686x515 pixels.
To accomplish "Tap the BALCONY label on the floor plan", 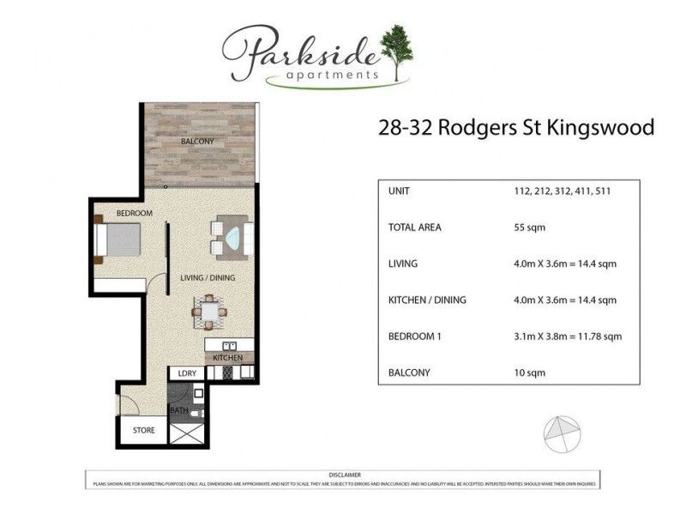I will point(197,141).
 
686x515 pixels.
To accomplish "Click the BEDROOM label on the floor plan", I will point(135,213).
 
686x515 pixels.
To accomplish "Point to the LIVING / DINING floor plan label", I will point(208,278).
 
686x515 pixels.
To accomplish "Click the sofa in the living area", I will point(232,236).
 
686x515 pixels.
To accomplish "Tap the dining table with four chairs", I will point(211,312).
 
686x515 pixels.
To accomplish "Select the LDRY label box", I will point(188,373).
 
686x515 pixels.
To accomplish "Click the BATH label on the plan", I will point(179,410).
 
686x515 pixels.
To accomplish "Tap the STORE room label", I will point(143,430).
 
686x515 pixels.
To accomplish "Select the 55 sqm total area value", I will point(529,227).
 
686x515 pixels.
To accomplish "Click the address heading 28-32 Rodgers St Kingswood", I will point(516,128).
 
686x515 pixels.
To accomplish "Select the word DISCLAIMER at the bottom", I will point(344,475).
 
